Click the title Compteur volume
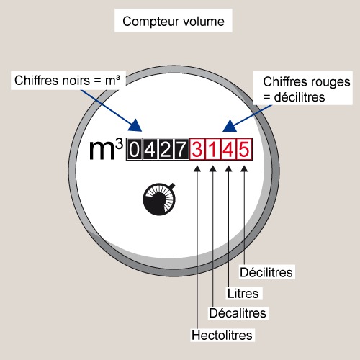(x=174, y=22)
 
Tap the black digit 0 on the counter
(x=135, y=149)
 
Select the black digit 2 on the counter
(x=166, y=149)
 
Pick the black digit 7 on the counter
(x=181, y=149)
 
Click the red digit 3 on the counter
(x=197, y=149)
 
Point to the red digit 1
(x=212, y=149)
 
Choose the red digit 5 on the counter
(x=244, y=149)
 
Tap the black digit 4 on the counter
(x=150, y=149)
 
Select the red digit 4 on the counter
(x=228, y=149)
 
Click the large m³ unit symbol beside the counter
(x=106, y=149)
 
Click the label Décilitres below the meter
(x=266, y=272)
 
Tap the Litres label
(x=243, y=293)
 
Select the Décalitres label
(x=238, y=313)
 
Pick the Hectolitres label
(x=222, y=336)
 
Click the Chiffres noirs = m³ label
(x=67, y=80)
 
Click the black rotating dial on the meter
(x=159, y=199)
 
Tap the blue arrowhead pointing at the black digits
(x=135, y=125)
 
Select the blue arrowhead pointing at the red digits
(x=230, y=127)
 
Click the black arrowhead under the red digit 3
(x=197, y=168)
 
